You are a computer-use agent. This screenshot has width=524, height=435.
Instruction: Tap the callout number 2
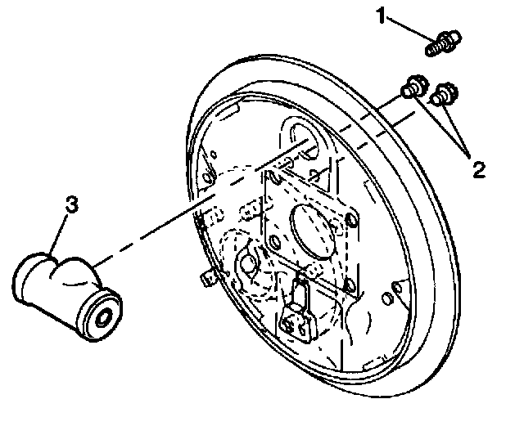[x=478, y=169]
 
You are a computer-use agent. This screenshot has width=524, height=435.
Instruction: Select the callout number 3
[x=71, y=205]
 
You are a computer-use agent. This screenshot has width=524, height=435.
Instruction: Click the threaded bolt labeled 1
[x=442, y=43]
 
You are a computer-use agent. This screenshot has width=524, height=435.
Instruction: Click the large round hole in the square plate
[x=312, y=226]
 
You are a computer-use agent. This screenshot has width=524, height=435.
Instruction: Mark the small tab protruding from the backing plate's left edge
[x=206, y=279]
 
